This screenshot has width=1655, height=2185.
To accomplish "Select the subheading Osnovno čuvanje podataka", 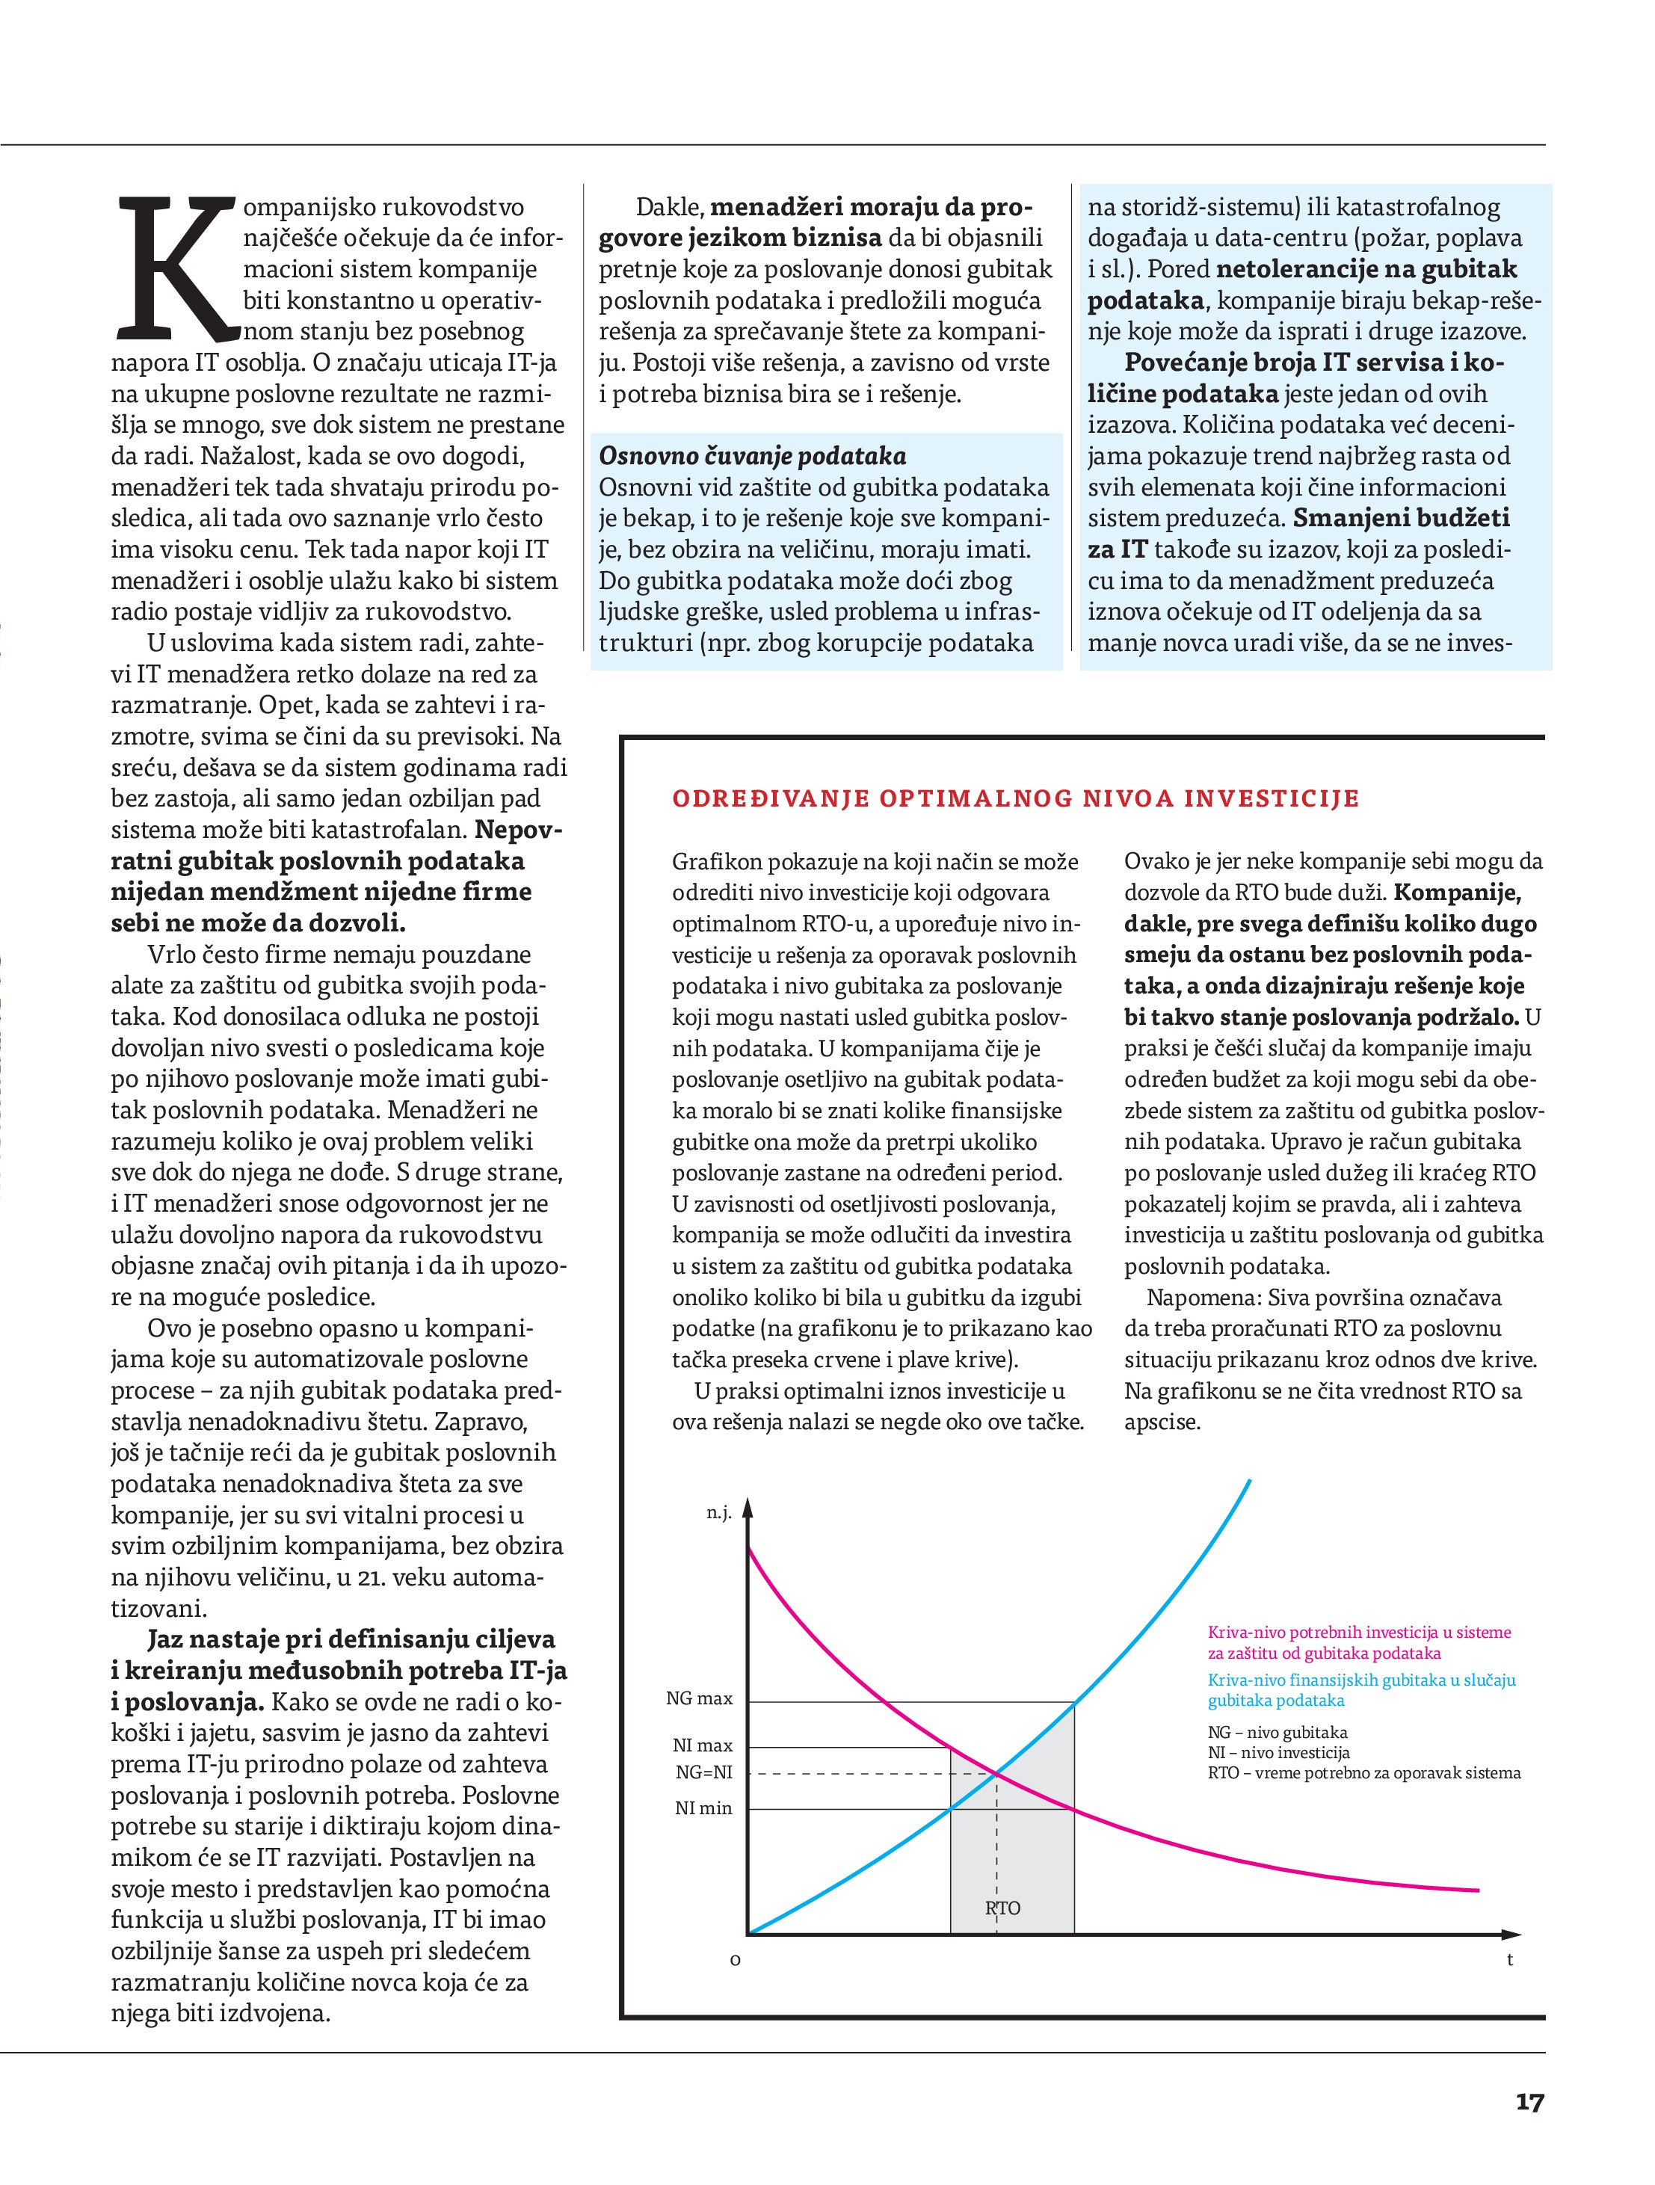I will (753, 456).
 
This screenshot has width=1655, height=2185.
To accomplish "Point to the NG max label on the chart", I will (700, 1699).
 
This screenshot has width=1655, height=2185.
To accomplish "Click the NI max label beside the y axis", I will (703, 1746).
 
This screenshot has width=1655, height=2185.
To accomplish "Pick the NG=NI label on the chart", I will (703, 1773).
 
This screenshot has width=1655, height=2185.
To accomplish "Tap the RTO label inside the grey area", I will (1002, 1908).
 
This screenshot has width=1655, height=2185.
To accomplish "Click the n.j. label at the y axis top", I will (718, 1513).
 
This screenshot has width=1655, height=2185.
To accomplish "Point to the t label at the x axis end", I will (1510, 1960).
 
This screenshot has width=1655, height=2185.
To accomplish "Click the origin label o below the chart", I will (734, 1960).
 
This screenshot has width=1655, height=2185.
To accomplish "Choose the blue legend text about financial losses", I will (1360, 1690).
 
